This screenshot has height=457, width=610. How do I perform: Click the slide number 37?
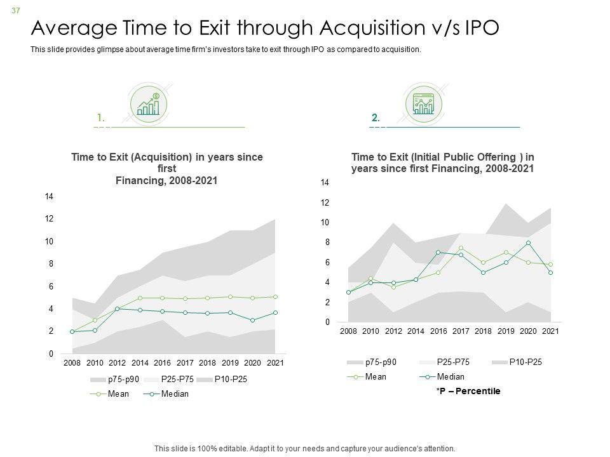click(x=15, y=7)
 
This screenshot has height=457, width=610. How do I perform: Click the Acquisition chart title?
click(x=167, y=168)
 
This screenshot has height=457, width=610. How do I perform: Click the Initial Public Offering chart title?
click(x=442, y=162)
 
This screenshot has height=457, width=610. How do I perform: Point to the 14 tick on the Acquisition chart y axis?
click(x=49, y=197)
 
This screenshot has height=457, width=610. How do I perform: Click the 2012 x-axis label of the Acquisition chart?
click(x=118, y=363)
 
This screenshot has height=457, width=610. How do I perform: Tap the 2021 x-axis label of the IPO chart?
click(x=550, y=332)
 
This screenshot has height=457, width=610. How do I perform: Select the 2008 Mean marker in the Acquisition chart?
click(x=72, y=331)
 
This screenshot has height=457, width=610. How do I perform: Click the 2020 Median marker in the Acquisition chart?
click(x=252, y=321)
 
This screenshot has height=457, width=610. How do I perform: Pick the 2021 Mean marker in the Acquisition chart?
click(x=274, y=296)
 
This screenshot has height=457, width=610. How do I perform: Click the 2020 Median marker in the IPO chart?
click(x=528, y=243)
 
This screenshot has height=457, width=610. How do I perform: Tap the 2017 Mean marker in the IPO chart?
click(x=461, y=248)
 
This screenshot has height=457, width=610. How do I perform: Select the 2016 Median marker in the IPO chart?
click(x=438, y=253)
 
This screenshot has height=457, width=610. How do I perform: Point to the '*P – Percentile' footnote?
click(x=468, y=391)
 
